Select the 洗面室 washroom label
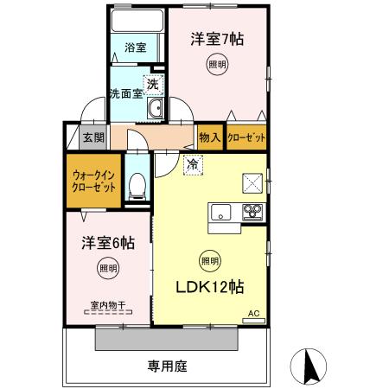[x=125, y=94]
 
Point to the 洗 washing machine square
[x=152, y=85]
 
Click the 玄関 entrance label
[x=93, y=137]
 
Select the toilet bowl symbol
[x=137, y=184]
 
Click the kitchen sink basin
[x=220, y=210]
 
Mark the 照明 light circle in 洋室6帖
[x=107, y=268]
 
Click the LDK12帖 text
[x=210, y=287]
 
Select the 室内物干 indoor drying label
[x=108, y=304]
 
